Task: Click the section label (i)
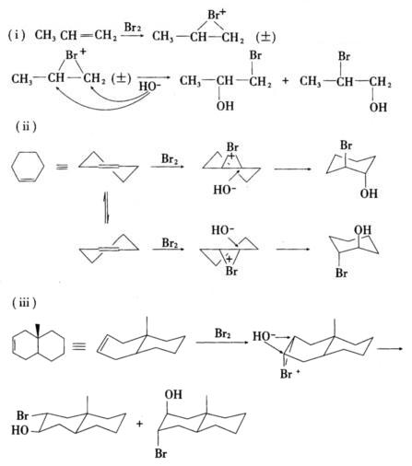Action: coord(17,36)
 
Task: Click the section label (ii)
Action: coord(26,126)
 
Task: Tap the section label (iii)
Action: coord(24,303)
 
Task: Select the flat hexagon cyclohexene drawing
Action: coord(28,167)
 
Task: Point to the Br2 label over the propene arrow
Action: coord(133,28)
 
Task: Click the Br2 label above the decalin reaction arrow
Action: coord(222,333)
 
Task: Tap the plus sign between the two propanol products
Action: coord(286,81)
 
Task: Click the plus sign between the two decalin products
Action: coord(140,424)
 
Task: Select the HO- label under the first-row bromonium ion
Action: coord(150,87)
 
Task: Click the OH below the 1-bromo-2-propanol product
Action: coord(225,106)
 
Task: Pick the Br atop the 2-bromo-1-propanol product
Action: coord(344,56)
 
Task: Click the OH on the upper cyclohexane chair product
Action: coord(369,193)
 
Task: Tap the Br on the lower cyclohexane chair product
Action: coord(341,273)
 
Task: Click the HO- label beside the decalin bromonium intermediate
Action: coord(264,336)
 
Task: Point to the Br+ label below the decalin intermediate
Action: coord(289,374)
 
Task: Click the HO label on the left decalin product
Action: coord(20,430)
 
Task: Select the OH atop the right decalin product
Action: coord(173,394)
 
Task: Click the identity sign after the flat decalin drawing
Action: coord(79,347)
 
